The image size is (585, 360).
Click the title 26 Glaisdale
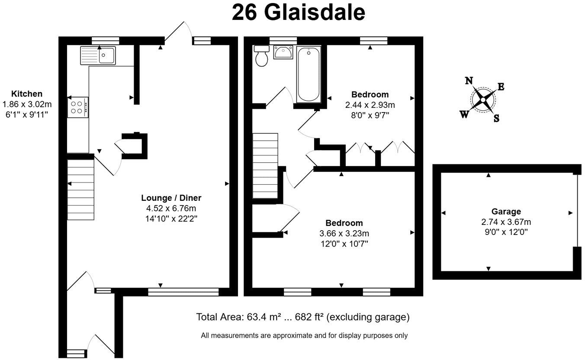pyautogui.click(x=298, y=13)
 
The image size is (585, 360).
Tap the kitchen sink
pyautogui.click(x=98, y=55)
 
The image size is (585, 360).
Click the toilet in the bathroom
pyautogui.click(x=262, y=57)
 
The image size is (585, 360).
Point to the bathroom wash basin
pyautogui.click(x=283, y=52)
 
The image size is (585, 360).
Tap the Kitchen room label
pyautogui.click(x=27, y=94)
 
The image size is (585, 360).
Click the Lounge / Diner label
pyautogui.click(x=171, y=198)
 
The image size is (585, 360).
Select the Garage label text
pyautogui.click(x=506, y=212)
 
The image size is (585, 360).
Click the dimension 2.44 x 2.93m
pyautogui.click(x=370, y=105)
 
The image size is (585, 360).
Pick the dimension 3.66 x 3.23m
pyautogui.click(x=344, y=234)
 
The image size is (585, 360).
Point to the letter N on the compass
pyautogui.click(x=469, y=80)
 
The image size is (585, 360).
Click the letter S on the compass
pyautogui.click(x=496, y=118)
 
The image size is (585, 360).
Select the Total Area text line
pyautogui.click(x=302, y=317)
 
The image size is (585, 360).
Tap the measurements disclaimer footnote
pyautogui.click(x=304, y=335)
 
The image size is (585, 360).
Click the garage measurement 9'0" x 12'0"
pyautogui.click(x=506, y=232)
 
